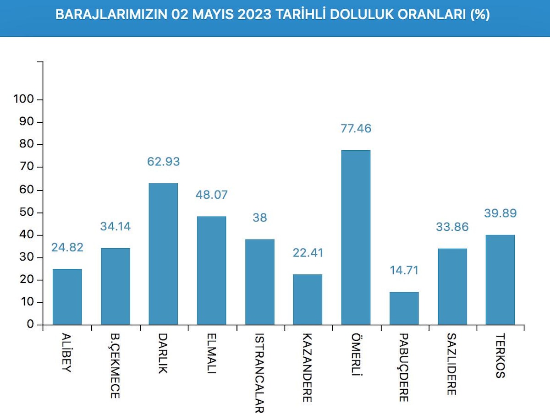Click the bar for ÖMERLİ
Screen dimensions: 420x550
[356, 237]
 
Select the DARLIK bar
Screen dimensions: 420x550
[163, 254]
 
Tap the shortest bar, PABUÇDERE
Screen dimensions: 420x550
[404, 308]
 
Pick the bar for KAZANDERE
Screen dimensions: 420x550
[308, 300]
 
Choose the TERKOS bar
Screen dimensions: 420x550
[500, 279]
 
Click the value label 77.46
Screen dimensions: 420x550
[356, 129]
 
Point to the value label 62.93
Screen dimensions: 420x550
[163, 162]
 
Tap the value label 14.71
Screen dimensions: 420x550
[404, 270]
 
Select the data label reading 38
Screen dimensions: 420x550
[259, 218]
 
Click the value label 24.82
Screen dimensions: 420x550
[67, 247]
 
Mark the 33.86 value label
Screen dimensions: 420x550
[452, 227]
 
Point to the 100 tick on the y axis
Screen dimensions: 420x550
[22, 99]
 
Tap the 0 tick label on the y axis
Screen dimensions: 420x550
[30, 325]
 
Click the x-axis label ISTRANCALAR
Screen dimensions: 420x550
[259, 372]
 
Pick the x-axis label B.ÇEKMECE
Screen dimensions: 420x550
[115, 365]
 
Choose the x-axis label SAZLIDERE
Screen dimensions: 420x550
[452, 364]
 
